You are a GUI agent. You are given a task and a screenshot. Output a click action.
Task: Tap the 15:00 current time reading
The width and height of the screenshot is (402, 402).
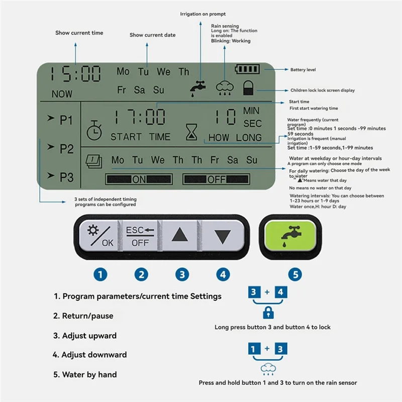[x=75, y=74]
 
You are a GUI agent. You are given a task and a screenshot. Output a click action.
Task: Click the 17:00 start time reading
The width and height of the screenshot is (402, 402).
[x=138, y=117]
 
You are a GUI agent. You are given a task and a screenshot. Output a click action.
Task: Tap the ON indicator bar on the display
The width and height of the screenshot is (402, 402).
[x=138, y=179]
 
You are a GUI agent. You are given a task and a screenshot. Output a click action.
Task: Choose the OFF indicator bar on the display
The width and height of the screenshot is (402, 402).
[x=216, y=179]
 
